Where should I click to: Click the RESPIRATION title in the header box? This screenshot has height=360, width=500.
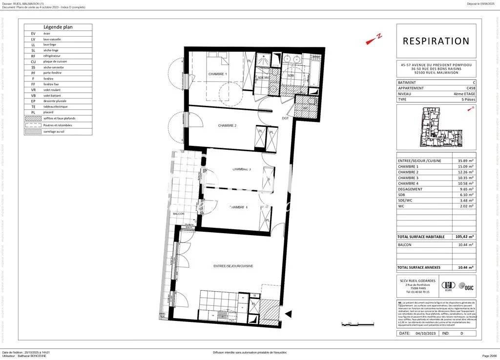click(x=436, y=41)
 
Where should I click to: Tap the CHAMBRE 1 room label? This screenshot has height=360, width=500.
click(x=218, y=74)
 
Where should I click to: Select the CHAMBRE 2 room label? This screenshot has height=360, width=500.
click(x=227, y=125)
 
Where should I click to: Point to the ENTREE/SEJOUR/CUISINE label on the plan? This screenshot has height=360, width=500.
click(x=233, y=265)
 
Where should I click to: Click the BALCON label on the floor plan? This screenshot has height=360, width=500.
click(x=178, y=214)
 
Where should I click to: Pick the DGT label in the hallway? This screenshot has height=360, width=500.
click(x=285, y=118)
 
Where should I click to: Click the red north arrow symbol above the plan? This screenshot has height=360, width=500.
click(x=374, y=40)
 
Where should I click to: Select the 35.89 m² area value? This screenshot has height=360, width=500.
click(x=465, y=160)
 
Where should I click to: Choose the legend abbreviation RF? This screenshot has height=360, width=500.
click(x=33, y=56)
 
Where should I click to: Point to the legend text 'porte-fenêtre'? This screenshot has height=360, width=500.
click(x=53, y=73)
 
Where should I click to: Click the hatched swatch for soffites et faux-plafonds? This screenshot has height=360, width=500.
click(x=33, y=118)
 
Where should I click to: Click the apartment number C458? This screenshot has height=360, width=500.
click(x=470, y=88)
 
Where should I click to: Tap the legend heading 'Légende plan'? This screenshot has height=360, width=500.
click(x=58, y=27)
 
